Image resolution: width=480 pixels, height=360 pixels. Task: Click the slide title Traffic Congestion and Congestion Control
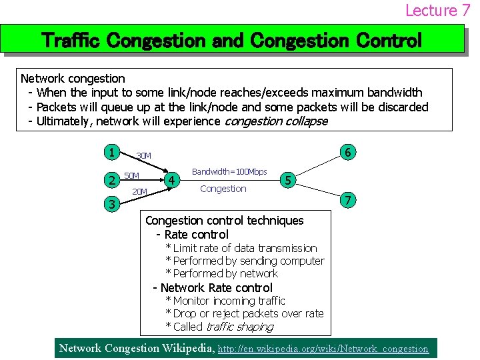coord(231,41)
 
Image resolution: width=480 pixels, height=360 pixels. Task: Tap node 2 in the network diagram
coord(113,179)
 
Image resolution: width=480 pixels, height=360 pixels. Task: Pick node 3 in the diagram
coord(113,204)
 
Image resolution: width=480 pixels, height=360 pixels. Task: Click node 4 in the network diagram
coord(172,180)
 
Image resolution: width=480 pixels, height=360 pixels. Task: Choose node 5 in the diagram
coord(288,180)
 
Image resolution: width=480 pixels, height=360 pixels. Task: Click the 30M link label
coord(143,156)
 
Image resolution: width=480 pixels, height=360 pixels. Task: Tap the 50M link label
coord(132,175)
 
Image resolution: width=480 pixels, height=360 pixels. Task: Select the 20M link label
coord(139,192)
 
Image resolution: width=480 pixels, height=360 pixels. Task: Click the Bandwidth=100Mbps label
coord(229,172)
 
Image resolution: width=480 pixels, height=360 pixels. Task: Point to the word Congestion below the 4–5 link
coord(223,189)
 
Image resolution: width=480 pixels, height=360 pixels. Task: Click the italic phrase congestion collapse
coord(276,121)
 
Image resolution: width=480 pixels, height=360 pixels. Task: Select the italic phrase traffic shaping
coord(240,327)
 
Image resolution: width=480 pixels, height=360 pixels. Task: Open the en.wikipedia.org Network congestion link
coord(323,349)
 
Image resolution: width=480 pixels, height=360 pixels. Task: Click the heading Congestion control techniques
coord(224,221)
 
